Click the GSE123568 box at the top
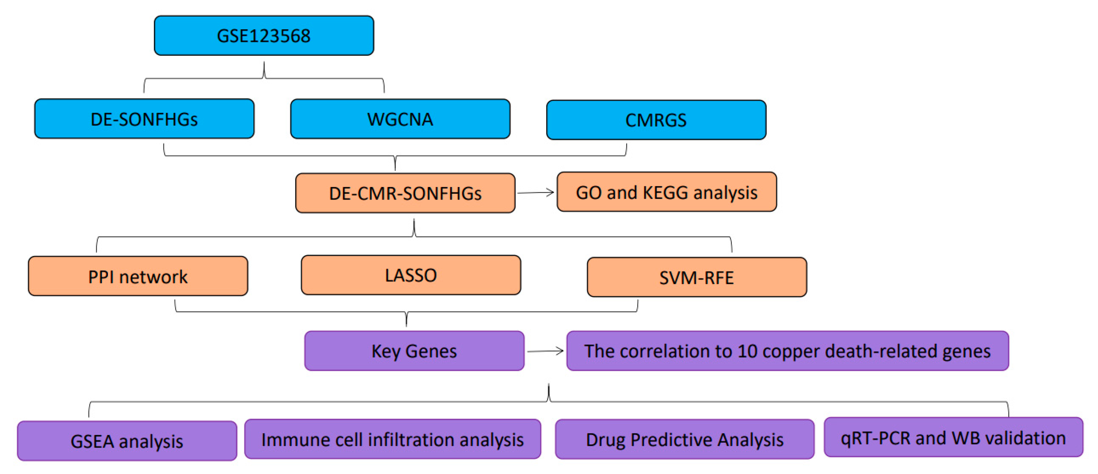(x=264, y=36)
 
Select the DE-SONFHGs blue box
(x=144, y=119)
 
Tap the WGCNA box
(x=400, y=119)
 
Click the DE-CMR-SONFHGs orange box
(x=405, y=193)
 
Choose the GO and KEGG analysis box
(x=667, y=192)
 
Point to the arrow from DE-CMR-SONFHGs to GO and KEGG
(x=536, y=193)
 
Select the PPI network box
(x=138, y=277)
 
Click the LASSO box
(x=411, y=275)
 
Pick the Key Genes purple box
(x=414, y=351)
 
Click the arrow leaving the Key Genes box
(x=545, y=351)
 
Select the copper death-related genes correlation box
(x=787, y=351)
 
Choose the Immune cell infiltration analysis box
(x=392, y=439)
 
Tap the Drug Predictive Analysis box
(x=684, y=439)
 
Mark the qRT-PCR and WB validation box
(x=953, y=438)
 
